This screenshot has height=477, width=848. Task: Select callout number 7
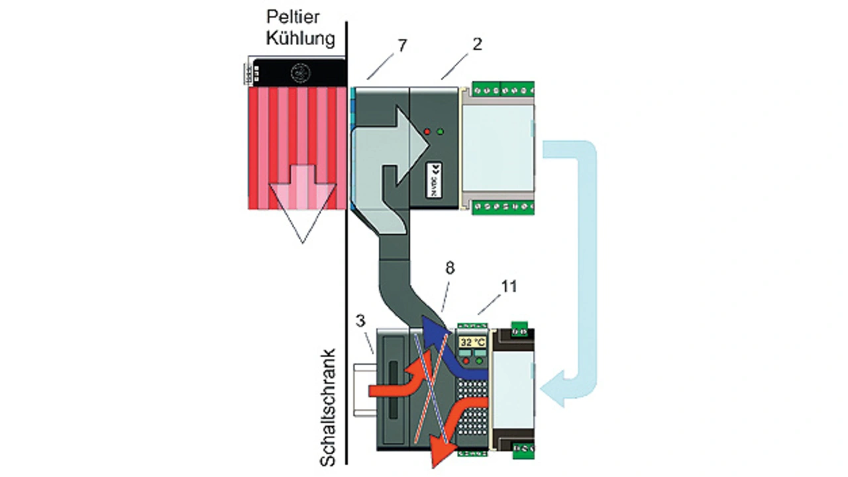coord(403,45)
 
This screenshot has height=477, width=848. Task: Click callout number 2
coord(478,44)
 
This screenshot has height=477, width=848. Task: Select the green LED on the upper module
coord(440,132)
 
